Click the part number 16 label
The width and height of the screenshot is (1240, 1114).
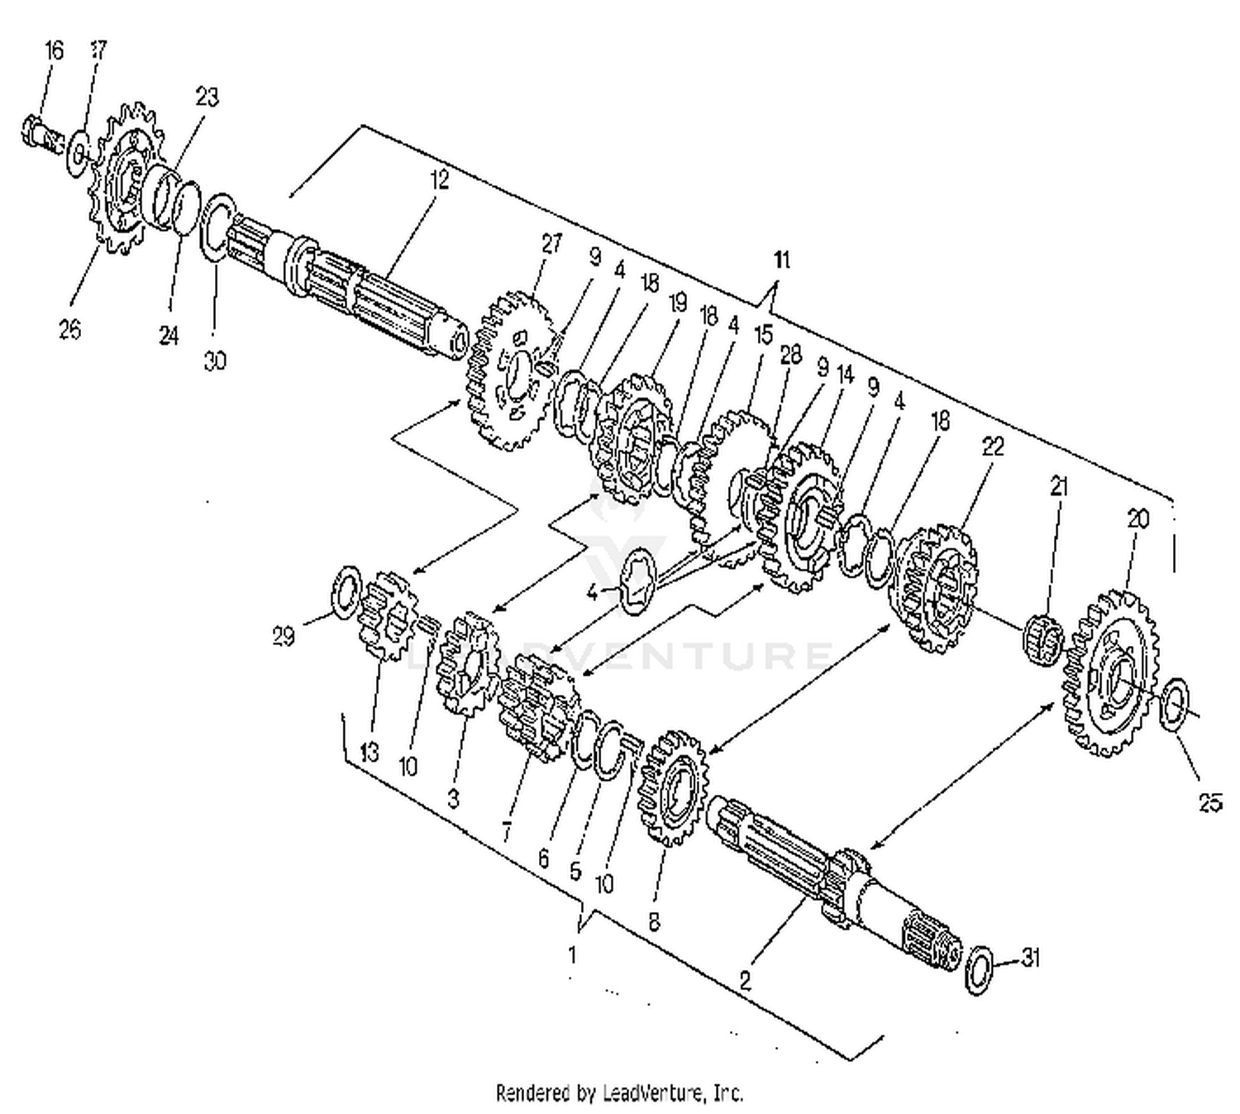pyautogui.click(x=54, y=51)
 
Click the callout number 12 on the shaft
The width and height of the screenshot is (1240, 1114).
pyautogui.click(x=440, y=180)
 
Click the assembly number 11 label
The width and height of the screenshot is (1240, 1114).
pyautogui.click(x=781, y=260)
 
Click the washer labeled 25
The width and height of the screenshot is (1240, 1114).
pyautogui.click(x=1175, y=704)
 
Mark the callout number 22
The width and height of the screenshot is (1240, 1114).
pyautogui.click(x=992, y=447)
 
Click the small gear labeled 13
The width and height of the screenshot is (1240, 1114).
pyautogui.click(x=387, y=616)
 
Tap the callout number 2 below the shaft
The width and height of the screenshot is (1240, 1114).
pyautogui.click(x=745, y=982)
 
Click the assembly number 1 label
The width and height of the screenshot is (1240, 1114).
pyautogui.click(x=572, y=954)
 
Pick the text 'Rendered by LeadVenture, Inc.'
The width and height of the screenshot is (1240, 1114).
pyautogui.click(x=619, y=1092)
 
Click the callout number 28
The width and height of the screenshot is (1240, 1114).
pyautogui.click(x=791, y=355)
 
